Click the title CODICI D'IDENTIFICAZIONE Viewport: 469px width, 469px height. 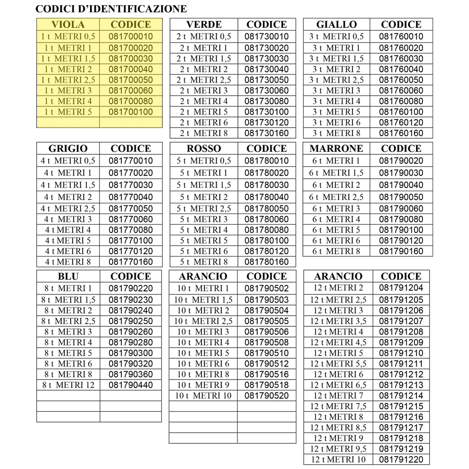(111, 9)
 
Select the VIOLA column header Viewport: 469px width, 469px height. (68, 25)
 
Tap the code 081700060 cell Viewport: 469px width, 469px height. (130, 91)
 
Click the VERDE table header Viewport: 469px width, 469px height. (204, 25)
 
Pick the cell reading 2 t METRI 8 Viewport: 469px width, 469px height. (204, 133)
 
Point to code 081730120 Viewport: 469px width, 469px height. (266, 122)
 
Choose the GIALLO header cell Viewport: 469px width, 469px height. (336, 25)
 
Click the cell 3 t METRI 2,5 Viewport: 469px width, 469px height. (336, 80)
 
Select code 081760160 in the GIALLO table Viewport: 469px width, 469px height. (401, 133)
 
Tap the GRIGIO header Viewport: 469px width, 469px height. (68, 148)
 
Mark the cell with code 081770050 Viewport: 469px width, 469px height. (130, 208)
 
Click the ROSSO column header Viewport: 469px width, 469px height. (204, 148)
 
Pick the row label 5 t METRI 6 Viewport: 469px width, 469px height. (204, 251)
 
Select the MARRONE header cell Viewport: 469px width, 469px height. (336, 148)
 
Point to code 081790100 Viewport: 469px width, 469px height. (401, 230)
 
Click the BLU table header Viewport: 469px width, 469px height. (68, 276)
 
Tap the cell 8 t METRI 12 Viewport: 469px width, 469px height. (68, 385)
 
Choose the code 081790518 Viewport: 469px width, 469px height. (266, 385)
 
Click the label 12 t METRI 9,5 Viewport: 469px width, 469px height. (338, 449)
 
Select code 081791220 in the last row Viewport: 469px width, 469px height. (401, 459)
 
